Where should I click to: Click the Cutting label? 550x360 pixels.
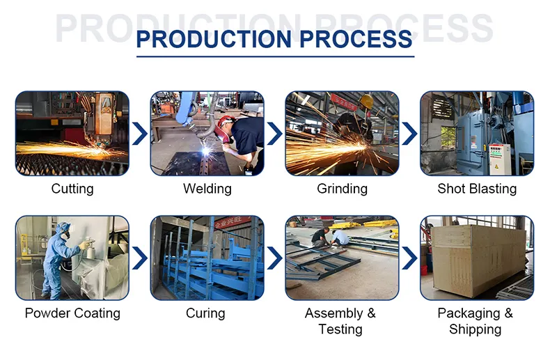72,189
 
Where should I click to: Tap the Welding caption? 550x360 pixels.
207,189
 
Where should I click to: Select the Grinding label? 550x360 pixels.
342,189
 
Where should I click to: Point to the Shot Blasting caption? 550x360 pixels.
477,189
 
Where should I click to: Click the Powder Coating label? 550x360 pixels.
72,313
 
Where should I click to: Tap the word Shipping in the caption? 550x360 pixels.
476,329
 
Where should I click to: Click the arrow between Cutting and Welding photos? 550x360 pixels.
140,133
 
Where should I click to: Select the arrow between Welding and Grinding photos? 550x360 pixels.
275,133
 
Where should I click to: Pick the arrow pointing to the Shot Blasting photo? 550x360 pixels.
410,133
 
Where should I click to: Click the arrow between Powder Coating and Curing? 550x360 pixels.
140,258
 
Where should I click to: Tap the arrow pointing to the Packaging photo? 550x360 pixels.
410,258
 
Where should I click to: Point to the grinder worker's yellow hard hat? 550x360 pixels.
366,102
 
